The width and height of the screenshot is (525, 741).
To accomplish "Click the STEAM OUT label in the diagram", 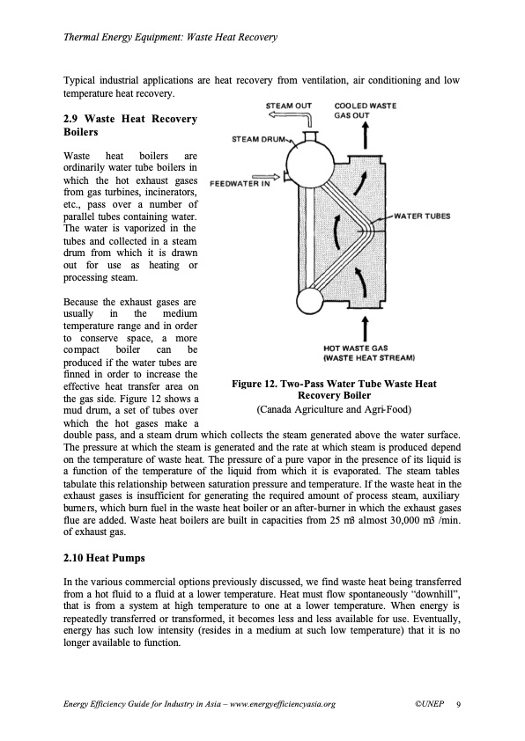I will (288, 106).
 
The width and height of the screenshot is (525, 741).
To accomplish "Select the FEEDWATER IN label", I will (238, 183).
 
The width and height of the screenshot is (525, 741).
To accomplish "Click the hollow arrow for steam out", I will (289, 117).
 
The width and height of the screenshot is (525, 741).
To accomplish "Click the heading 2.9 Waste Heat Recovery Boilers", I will (130, 125).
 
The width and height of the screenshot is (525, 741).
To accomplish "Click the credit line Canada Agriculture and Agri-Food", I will (334, 410).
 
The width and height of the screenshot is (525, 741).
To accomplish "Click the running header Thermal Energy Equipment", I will (171, 37).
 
